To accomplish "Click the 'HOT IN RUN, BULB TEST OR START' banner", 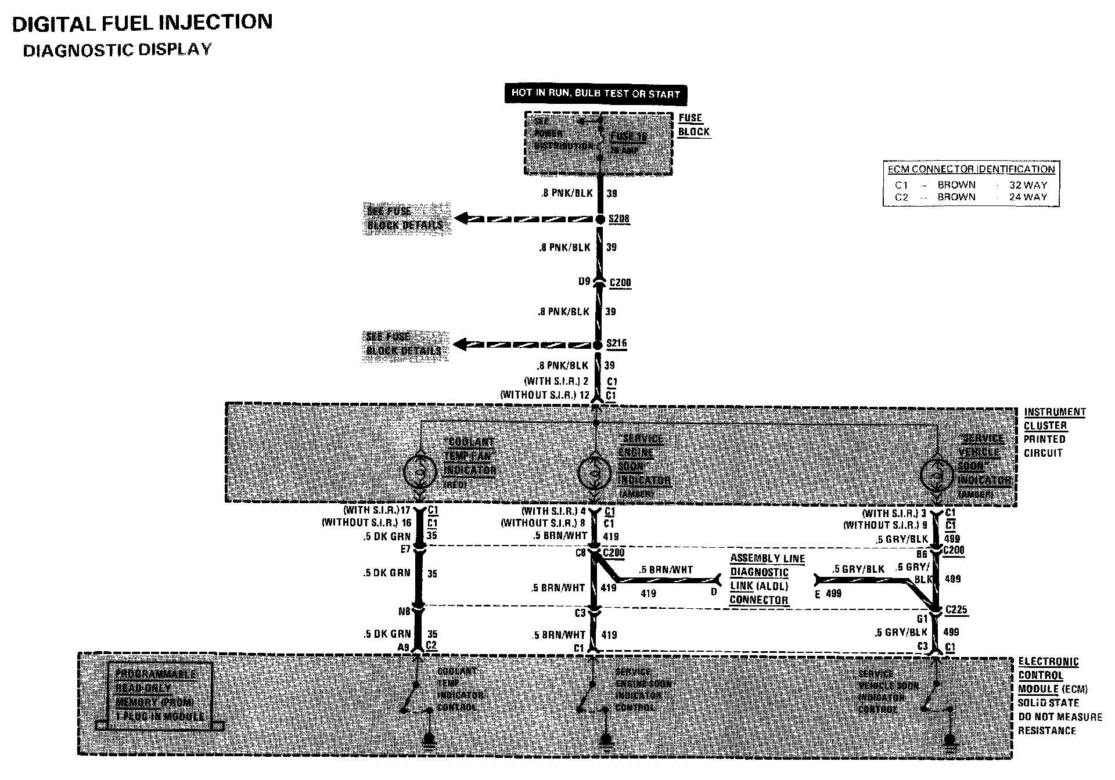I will click(596, 93).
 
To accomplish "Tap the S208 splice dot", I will click(600, 219).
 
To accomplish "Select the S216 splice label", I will click(616, 343).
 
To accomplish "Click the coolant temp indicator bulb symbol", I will click(420, 472).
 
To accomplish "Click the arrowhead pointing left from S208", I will click(462, 219).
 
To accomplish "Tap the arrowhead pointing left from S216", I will click(461, 345).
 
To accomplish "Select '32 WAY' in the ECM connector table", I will click(1028, 185).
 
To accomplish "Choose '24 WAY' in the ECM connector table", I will click(1028, 197).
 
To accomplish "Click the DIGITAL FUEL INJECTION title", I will click(142, 23).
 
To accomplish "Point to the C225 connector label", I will click(956, 610).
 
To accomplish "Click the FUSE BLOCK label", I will click(693, 125).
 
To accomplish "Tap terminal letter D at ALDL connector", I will click(714, 592).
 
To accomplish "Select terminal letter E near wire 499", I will click(818, 594).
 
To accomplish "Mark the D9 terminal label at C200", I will click(584, 282).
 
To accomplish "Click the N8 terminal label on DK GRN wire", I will click(404, 611).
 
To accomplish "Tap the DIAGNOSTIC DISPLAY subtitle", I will click(117, 50).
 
